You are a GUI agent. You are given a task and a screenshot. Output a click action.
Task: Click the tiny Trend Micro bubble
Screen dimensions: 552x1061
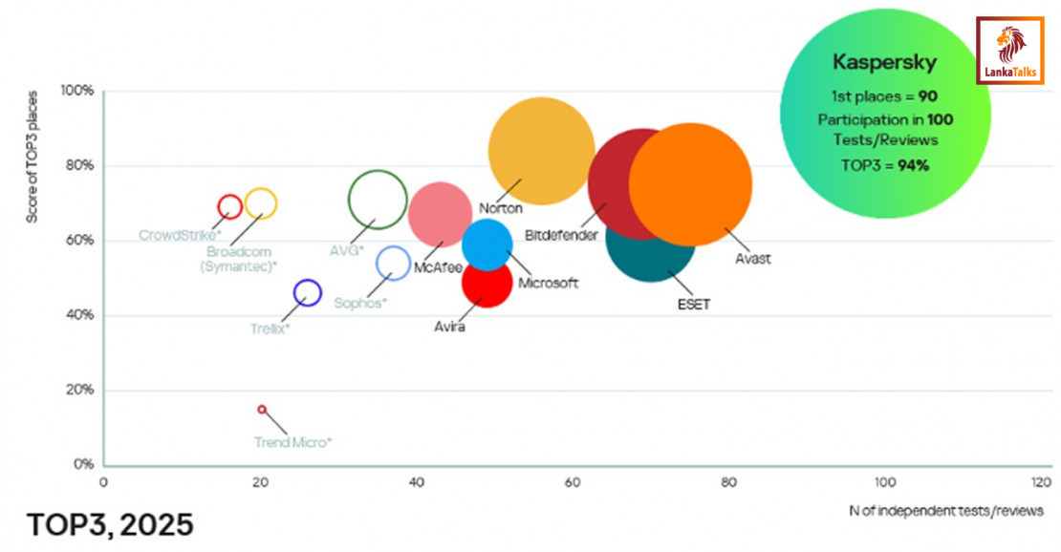(x=262, y=410)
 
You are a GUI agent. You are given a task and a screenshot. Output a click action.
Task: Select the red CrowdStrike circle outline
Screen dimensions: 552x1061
(x=229, y=205)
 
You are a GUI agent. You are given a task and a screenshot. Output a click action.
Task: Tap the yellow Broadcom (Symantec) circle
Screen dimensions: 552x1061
(x=260, y=202)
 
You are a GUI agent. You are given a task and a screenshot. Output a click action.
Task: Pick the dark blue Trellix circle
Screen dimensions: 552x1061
(x=307, y=293)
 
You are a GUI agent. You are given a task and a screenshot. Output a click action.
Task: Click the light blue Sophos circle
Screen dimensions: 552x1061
(x=393, y=263)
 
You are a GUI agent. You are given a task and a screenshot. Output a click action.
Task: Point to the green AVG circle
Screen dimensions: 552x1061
(x=378, y=200)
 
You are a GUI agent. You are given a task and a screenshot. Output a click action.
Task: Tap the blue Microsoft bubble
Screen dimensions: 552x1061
(x=488, y=244)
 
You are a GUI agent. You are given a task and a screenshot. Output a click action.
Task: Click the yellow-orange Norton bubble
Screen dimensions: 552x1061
(x=541, y=150)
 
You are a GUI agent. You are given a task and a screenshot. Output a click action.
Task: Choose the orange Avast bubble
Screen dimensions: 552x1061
(x=690, y=184)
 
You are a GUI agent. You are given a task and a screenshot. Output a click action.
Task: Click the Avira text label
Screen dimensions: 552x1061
(x=449, y=328)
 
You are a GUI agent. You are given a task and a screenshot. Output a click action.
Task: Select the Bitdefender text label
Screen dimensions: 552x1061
(x=561, y=235)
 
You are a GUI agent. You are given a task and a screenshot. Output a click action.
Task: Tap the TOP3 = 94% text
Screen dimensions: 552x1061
(x=885, y=165)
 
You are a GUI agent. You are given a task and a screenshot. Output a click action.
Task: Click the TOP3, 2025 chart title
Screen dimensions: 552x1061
(x=111, y=524)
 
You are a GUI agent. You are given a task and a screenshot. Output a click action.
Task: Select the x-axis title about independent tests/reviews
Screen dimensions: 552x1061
(x=946, y=511)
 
